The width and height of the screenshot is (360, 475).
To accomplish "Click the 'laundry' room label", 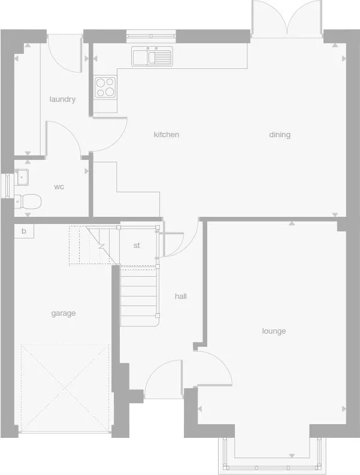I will click(62, 99).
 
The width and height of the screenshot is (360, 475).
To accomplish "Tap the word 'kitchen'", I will click(167, 135).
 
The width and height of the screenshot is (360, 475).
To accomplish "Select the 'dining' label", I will click(280, 135).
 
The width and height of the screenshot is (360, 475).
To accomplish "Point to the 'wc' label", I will click(59, 187).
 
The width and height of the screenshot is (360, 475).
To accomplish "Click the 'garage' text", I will click(63, 313).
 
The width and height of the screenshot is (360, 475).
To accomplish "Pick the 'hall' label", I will click(181, 297).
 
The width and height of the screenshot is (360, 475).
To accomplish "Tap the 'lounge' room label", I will click(274, 331).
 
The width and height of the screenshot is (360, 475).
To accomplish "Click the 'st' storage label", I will click(137, 246).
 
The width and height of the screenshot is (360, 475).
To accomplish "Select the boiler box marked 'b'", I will click(24, 231).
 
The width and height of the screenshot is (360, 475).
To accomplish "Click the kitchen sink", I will click(152, 57).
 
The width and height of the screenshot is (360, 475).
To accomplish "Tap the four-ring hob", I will click(105, 87).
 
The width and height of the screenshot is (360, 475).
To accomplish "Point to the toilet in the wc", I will click(28, 202).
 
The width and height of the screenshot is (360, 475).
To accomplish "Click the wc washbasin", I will click(22, 177).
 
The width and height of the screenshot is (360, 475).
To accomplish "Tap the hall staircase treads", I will click(140, 297).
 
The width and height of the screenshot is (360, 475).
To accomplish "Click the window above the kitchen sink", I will click(152, 36).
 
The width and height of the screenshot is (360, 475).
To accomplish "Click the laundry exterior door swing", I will click(63, 51).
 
